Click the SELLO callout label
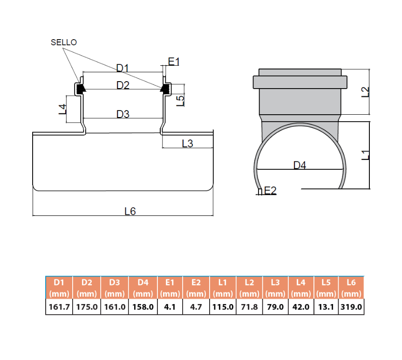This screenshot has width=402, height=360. click(64, 42)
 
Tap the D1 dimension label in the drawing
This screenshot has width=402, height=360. click(123, 68)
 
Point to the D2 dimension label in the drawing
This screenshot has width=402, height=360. click(123, 85)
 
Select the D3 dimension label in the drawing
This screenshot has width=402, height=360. click(123, 114)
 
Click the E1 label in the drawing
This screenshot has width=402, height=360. click(174, 62)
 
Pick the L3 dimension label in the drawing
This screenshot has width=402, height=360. click(187, 144)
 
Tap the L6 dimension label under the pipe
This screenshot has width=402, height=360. click(130, 211)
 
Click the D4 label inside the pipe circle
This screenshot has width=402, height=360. click(300, 165)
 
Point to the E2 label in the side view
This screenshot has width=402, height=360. click(270, 191)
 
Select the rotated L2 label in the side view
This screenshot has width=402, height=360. click(365, 92)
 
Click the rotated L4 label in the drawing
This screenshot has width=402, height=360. click(62, 109)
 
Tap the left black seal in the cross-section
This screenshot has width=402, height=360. click(81, 89)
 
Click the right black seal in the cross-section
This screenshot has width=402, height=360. click(165, 89)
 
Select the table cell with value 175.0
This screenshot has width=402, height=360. click(87, 307)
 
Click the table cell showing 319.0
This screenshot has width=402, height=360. click(351, 307)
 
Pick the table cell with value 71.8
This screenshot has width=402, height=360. click(250, 307)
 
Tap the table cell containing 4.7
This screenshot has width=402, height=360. click(196, 307)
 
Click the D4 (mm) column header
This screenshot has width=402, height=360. click(143, 288)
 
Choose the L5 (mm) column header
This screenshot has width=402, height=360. click(326, 288)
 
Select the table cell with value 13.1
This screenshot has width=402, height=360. click(326, 307)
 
